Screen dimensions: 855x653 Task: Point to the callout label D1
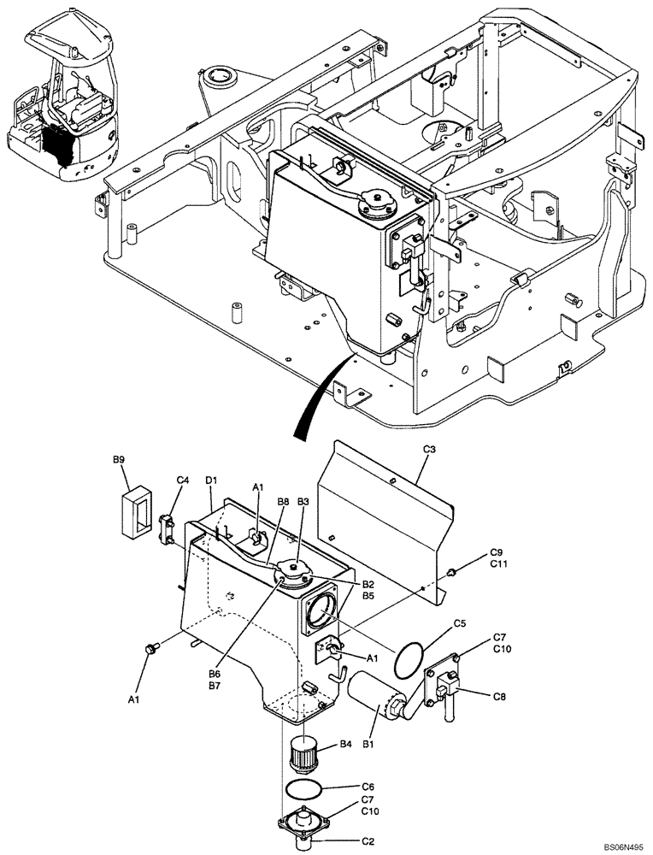click(x=211, y=481)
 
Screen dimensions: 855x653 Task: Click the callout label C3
click(x=430, y=450)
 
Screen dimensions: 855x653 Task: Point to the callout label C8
click(x=499, y=696)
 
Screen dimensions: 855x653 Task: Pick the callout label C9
click(x=497, y=552)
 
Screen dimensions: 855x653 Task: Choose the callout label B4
click(x=345, y=745)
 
